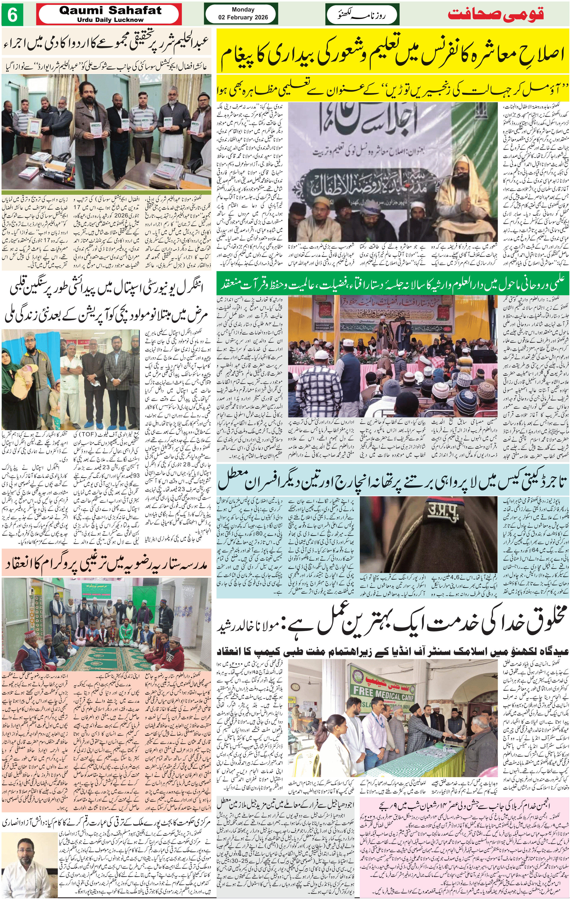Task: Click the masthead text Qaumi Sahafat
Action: [x=110, y=11]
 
